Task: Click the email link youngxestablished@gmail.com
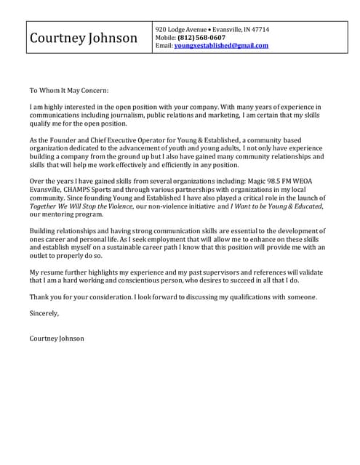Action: pyautogui.click(x=221, y=46)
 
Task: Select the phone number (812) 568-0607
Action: pyautogui.click(x=201, y=37)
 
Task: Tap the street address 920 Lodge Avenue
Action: pyautogui.click(x=181, y=29)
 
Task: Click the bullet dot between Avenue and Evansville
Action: pyautogui.click(x=210, y=29)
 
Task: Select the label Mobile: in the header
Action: pyautogui.click(x=166, y=37)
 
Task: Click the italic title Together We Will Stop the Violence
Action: pyautogui.click(x=81, y=206)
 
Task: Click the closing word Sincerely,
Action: pyautogui.click(x=44, y=314)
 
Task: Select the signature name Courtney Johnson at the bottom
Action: pyautogui.click(x=57, y=339)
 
